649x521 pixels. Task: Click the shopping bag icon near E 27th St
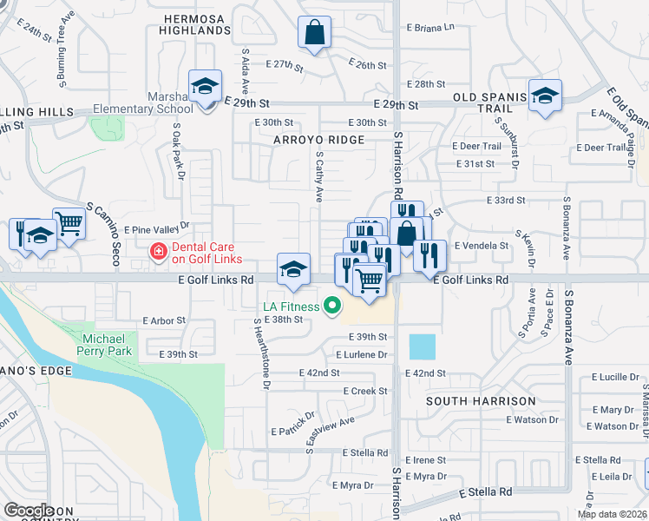(314, 33)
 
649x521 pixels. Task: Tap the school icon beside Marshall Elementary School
(206, 87)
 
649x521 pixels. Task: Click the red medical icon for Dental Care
(158, 252)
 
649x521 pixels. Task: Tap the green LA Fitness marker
(331, 305)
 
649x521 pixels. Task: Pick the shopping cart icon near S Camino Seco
(69, 224)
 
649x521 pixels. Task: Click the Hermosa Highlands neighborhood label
(195, 23)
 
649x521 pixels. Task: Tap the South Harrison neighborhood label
(480, 400)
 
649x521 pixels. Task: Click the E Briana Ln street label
(427, 27)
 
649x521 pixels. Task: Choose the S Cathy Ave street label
(319, 178)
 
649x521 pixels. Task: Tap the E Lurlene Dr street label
(361, 354)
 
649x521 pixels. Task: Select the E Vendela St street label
(480, 246)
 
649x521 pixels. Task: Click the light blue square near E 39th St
(423, 347)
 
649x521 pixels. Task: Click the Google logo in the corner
(29, 511)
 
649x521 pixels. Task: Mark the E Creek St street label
(365, 391)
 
